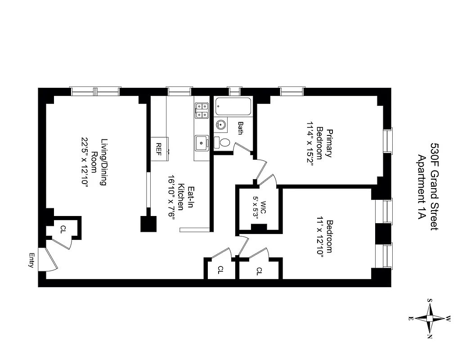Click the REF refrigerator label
158,147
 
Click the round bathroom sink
221,124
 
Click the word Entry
32,261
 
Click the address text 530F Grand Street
435,187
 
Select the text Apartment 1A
422,187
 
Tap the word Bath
240,128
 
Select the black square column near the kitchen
148,224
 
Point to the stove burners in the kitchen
202,110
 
